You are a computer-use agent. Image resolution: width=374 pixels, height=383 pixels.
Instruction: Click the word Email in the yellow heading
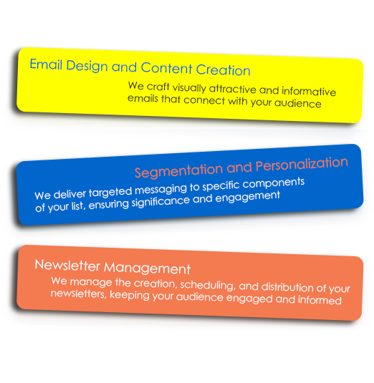click(46, 64)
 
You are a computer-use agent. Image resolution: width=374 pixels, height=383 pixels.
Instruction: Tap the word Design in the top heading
click(87, 66)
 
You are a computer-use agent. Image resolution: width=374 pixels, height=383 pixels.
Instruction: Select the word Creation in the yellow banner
click(223, 70)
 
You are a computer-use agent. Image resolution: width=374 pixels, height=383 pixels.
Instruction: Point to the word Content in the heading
click(166, 68)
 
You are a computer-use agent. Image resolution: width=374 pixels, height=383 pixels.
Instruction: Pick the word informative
click(309, 91)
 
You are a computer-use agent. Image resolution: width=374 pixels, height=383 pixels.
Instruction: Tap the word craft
click(158, 87)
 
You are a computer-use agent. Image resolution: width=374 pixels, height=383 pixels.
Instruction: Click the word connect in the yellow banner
click(204, 100)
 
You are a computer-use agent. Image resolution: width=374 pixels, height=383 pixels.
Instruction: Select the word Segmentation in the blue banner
click(178, 170)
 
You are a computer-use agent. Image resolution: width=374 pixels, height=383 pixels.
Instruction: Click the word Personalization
click(302, 164)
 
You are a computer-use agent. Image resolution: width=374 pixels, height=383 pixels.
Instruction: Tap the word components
click(274, 183)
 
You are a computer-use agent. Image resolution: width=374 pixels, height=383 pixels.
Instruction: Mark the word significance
click(160, 202)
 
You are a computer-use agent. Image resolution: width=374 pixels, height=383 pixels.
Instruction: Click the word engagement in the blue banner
click(247, 197)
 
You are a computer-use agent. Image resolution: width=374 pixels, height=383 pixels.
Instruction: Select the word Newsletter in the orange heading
click(67, 266)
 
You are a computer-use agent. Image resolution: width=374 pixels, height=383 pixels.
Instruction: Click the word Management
click(147, 268)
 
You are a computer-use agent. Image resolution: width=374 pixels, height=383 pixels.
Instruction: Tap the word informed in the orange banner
click(320, 300)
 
